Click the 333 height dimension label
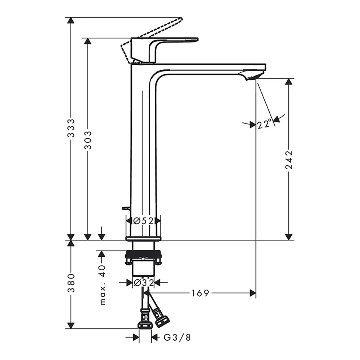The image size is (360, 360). click(71, 128)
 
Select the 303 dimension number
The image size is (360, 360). click(88, 140)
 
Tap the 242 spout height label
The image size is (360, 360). click(289, 160)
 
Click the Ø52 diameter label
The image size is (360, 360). click(143, 221)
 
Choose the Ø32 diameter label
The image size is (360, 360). click(144, 283)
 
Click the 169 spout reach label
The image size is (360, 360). click(200, 293)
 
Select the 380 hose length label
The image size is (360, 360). click(71, 283)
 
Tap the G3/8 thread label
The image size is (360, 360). click(177, 337)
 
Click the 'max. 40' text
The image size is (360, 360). click(102, 285)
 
